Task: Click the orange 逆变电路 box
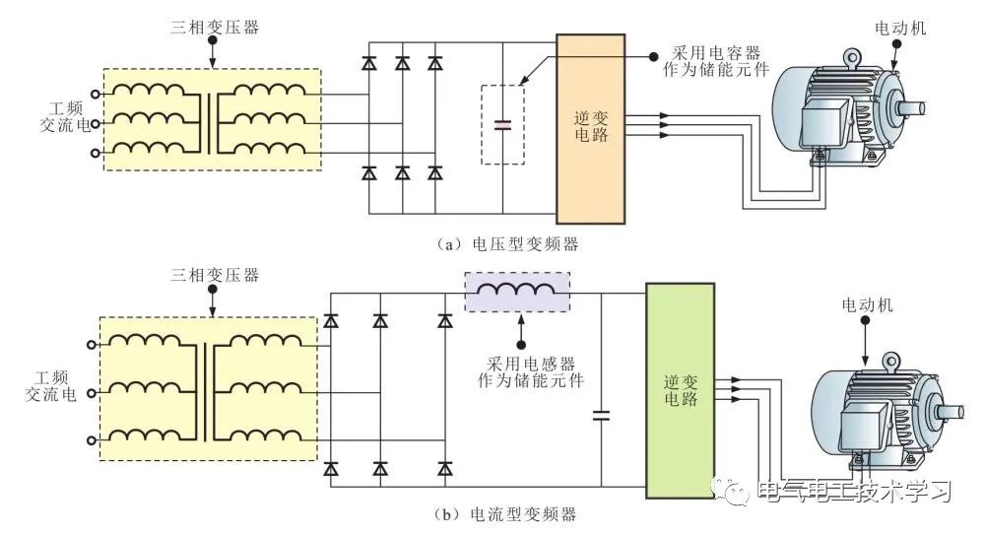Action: (590, 129)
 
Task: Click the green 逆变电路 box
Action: (681, 390)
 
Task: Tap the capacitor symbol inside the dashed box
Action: (502, 124)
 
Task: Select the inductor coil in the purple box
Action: (516, 289)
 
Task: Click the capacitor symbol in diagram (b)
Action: (601, 415)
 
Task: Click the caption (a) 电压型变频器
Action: (507, 244)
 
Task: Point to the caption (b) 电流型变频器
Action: (505, 514)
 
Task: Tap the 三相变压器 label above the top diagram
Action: (215, 27)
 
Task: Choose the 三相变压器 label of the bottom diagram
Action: (215, 275)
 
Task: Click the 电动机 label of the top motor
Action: (900, 28)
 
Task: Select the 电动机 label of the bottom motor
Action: (867, 304)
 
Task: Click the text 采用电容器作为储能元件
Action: (716, 61)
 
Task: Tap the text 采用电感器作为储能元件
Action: (531, 372)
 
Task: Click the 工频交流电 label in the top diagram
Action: (65, 117)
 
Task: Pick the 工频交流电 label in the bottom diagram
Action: (51, 386)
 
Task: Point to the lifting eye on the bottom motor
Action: (890, 361)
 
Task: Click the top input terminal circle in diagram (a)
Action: (95, 95)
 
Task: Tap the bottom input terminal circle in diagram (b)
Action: (91, 440)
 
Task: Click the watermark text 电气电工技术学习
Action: (854, 491)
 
